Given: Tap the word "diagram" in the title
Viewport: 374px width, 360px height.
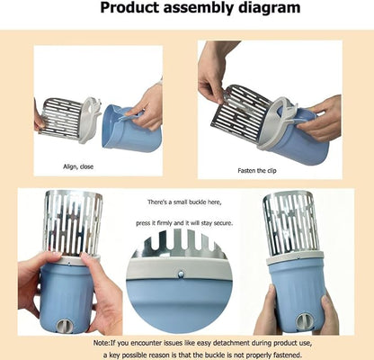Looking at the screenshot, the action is click(270, 7).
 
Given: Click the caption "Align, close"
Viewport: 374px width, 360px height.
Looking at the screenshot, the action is click(78, 166).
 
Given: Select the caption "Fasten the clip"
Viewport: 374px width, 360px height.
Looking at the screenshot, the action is click(257, 171).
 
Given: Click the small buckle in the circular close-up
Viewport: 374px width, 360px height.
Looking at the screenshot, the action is click(181, 274).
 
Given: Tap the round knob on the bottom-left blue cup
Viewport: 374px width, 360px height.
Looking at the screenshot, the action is click(63, 325).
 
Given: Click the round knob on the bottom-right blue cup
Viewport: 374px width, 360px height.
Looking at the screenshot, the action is click(303, 321).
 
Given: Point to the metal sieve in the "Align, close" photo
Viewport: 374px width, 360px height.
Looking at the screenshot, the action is click(61, 119).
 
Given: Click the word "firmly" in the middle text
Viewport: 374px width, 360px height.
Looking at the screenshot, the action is click(165, 223).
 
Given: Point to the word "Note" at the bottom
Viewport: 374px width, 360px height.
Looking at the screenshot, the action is click(101, 343).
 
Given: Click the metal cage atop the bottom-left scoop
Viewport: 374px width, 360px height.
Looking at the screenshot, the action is click(72, 223).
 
